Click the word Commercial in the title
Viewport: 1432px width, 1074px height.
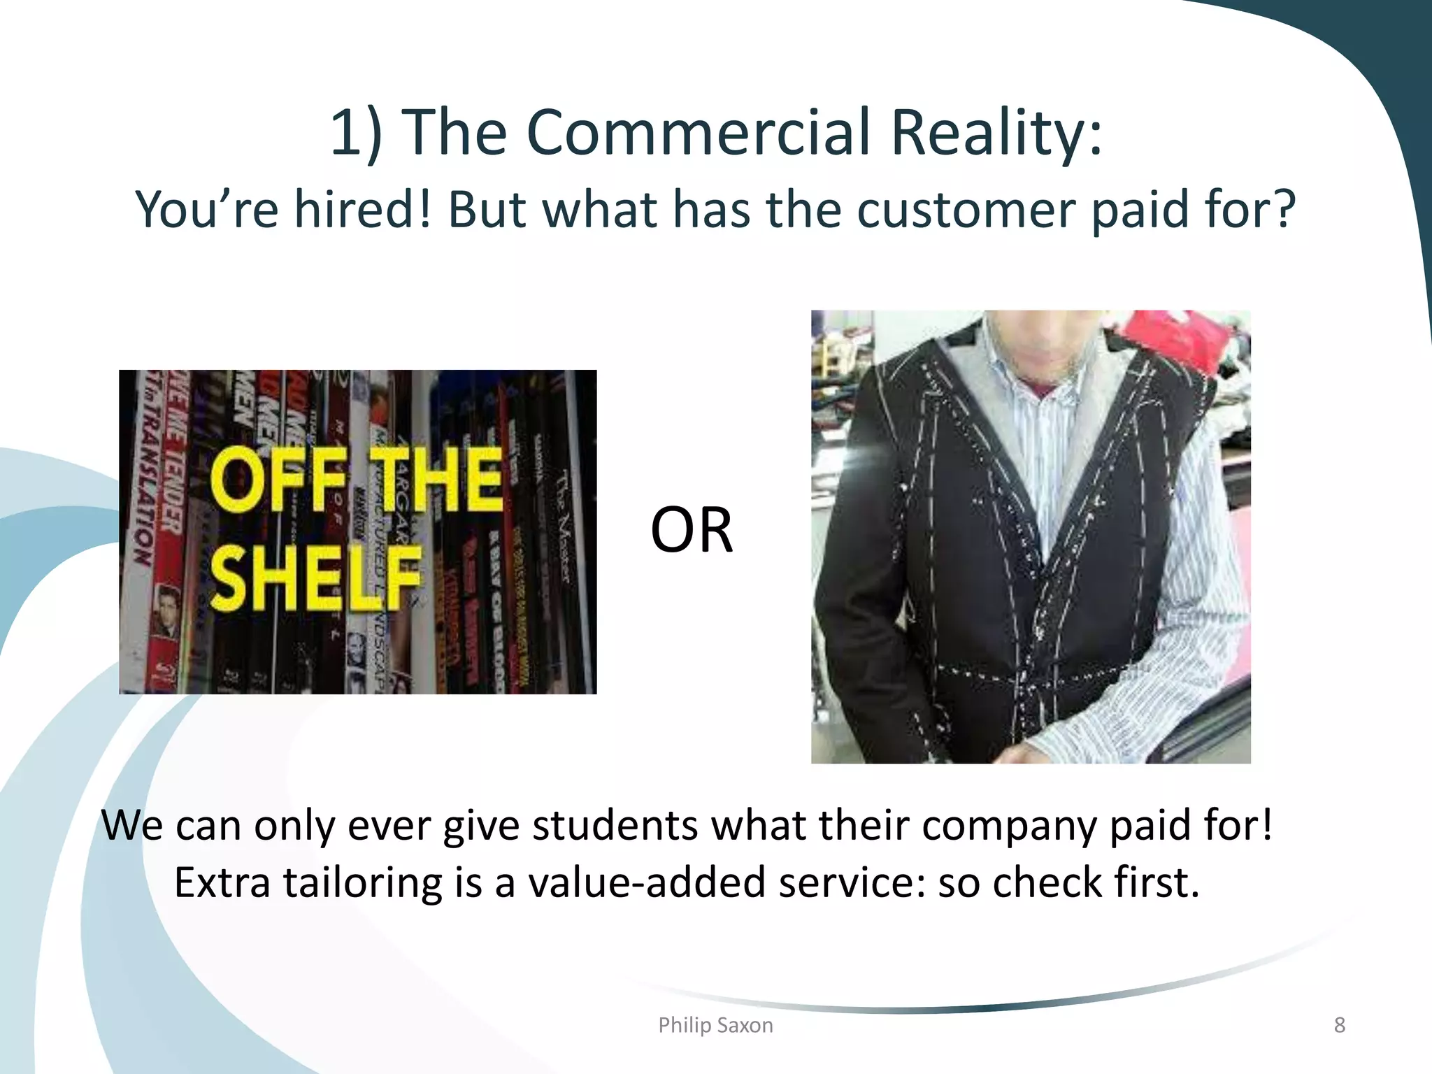tap(699, 133)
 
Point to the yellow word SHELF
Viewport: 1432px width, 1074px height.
tap(315, 578)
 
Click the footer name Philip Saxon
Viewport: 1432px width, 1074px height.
tap(715, 1025)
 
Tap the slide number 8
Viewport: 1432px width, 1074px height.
tap(1339, 1025)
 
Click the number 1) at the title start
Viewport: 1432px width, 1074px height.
tap(356, 133)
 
